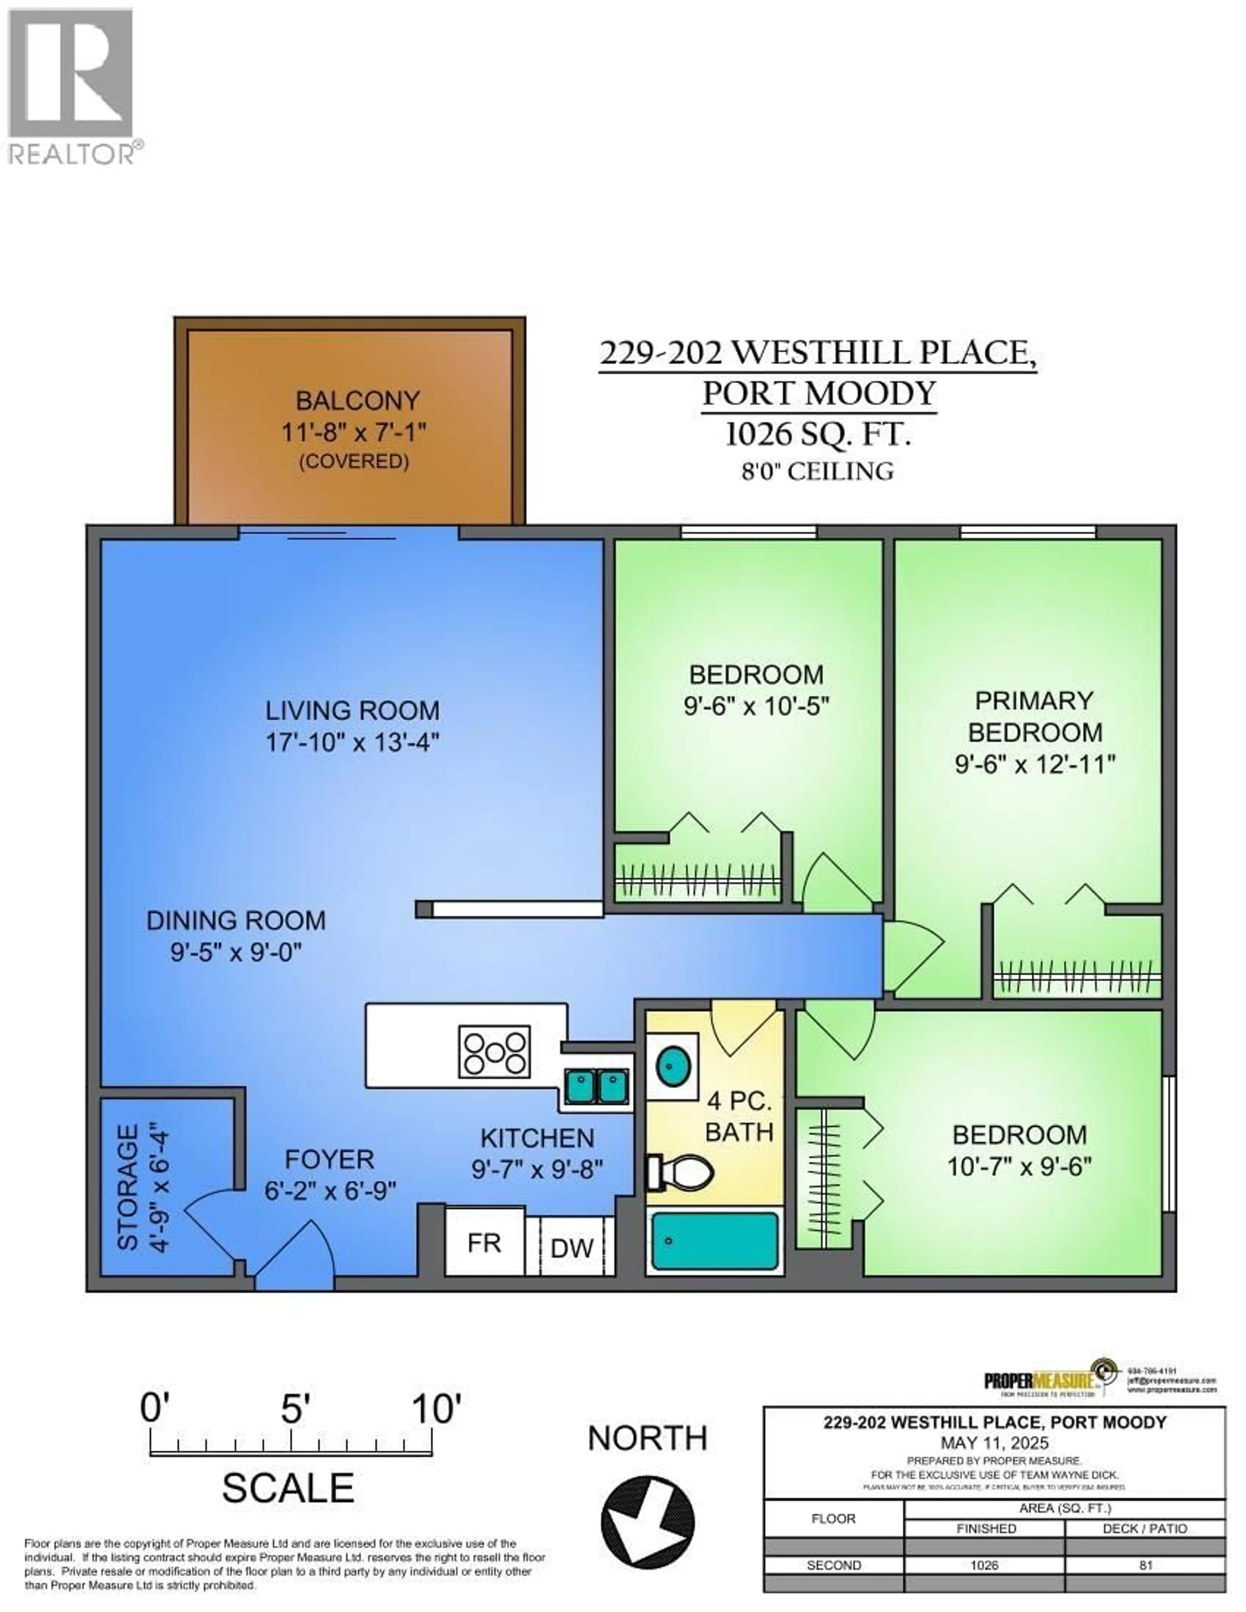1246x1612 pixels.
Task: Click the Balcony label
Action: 357,401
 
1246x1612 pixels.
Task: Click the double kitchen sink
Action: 596,1086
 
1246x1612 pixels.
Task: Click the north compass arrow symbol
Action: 647,1520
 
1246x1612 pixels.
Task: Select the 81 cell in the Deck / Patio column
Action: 1145,1565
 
